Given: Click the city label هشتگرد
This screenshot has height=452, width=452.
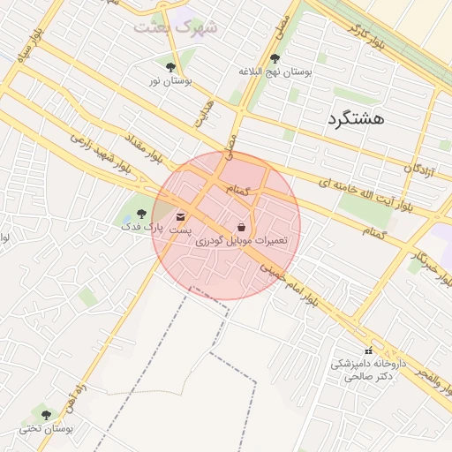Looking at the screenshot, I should click(356, 117).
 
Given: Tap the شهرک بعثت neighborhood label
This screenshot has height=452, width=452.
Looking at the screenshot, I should click(175, 27).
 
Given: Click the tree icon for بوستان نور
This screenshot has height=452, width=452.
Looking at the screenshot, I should click(170, 66).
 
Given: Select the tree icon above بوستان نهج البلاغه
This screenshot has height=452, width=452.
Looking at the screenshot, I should click(275, 57).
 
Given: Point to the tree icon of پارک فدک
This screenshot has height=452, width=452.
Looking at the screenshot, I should click(141, 213).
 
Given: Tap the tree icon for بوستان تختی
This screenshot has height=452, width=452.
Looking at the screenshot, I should click(46, 414).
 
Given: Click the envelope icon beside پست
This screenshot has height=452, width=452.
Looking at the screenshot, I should click(181, 216).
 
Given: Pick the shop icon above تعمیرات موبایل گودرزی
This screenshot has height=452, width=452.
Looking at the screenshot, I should click(241, 227).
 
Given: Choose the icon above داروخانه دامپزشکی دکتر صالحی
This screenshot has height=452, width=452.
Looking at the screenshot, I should click(368, 351).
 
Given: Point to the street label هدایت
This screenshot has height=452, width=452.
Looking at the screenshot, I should click(204, 111).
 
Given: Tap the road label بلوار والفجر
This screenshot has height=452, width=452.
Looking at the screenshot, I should click(430, 382).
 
